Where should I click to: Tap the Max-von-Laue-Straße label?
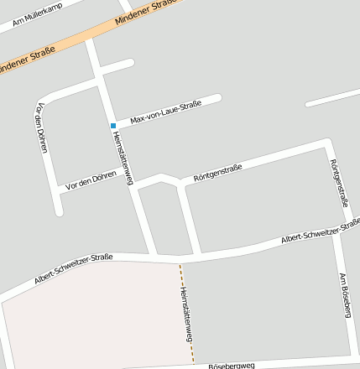click(x=166, y=112)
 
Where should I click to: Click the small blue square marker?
click(x=113, y=126)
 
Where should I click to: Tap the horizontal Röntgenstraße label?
click(x=218, y=173)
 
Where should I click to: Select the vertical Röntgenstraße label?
click(x=339, y=183)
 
